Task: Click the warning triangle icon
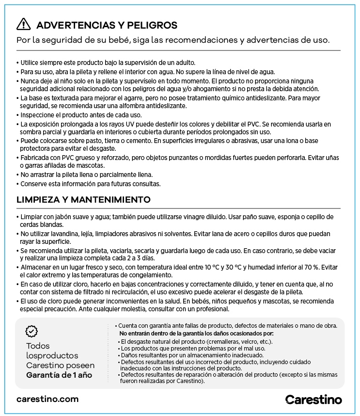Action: [23, 25]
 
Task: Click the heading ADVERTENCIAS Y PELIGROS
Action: [107, 26]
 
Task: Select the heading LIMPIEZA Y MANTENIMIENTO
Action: [83, 200]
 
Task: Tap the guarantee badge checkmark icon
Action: [31, 332]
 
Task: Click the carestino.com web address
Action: [47, 399]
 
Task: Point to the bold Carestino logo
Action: [313, 400]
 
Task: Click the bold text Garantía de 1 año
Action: [59, 375]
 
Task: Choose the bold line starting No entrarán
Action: [196, 334]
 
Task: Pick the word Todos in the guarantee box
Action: [38, 346]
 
